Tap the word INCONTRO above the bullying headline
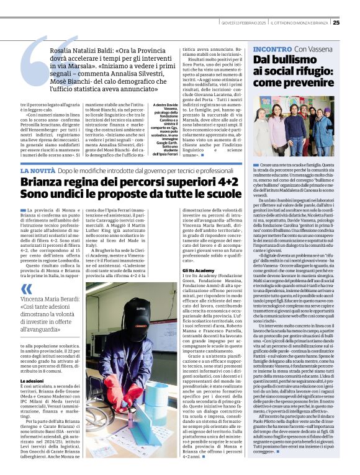(x=271, y=48)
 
